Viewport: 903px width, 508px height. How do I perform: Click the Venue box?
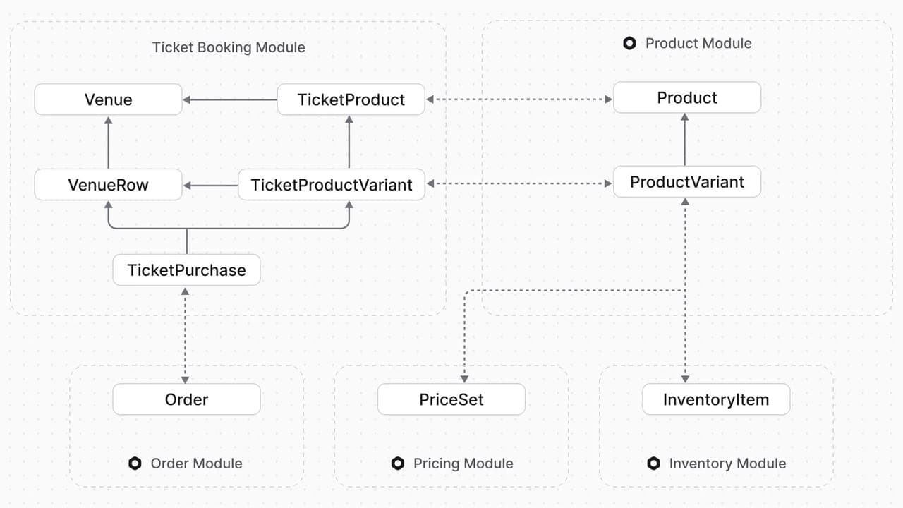point(108,99)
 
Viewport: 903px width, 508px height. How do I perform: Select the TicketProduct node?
point(351,99)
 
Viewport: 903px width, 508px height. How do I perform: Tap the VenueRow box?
point(108,185)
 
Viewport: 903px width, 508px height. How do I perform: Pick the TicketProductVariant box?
point(332,185)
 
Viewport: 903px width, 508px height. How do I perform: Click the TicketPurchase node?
point(186,270)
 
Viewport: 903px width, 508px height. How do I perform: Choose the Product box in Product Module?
point(687,97)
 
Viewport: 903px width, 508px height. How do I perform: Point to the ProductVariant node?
point(687,182)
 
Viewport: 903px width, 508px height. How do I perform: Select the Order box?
point(186,399)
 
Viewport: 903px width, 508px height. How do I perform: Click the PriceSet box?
point(451,399)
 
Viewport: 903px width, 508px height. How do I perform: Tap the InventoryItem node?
point(716,399)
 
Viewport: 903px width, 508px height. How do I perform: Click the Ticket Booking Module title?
point(229,47)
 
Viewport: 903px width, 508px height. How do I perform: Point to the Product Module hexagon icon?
point(629,43)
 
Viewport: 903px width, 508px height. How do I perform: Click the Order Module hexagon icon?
point(135,464)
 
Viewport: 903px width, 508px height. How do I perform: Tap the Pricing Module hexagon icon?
point(397,464)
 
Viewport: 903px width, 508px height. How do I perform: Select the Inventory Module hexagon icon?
point(653,464)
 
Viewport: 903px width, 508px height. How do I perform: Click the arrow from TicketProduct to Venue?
point(230,99)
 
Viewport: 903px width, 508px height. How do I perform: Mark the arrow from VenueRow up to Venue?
point(108,143)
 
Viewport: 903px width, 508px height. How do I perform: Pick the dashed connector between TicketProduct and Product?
point(519,99)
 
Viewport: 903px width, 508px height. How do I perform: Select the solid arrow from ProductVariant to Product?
point(684,140)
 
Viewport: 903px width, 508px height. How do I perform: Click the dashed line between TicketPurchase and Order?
point(185,335)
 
